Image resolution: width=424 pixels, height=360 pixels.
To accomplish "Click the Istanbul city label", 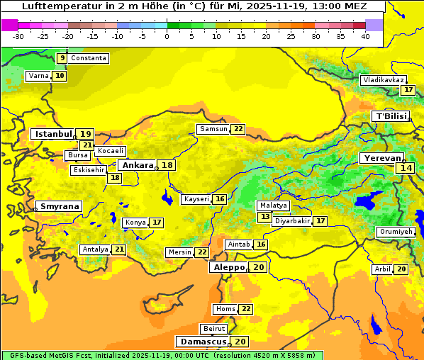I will pos(54,134).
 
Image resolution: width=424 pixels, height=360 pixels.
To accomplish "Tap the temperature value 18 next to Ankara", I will pos(167,165).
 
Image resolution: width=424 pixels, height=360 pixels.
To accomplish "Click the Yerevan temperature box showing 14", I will pos(406,168).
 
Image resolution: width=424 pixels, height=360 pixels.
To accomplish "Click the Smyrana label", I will pos(60,207).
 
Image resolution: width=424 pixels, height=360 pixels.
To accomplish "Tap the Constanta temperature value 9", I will pos(62,58).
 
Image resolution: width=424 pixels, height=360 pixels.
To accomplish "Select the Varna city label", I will pos(38,76).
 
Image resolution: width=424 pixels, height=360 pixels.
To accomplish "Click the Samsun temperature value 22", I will pos(238,129).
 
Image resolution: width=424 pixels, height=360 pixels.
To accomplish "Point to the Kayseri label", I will pos(196,200).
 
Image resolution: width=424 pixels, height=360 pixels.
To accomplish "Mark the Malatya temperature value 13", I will pos(265,217).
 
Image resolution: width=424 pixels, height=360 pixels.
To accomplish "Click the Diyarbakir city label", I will pos(292,221).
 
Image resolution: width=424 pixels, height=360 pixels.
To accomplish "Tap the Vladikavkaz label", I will pos(383,81).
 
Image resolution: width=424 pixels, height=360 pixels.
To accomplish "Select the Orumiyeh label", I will pos(395,232).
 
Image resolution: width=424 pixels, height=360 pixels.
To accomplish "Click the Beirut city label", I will pos(214,329).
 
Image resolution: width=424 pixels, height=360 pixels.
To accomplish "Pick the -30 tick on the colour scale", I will pos(18,35).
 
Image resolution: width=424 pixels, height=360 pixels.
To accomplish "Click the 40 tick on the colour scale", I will pos(365,35).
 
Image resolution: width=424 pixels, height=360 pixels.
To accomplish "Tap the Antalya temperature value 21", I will pos(119,249).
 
